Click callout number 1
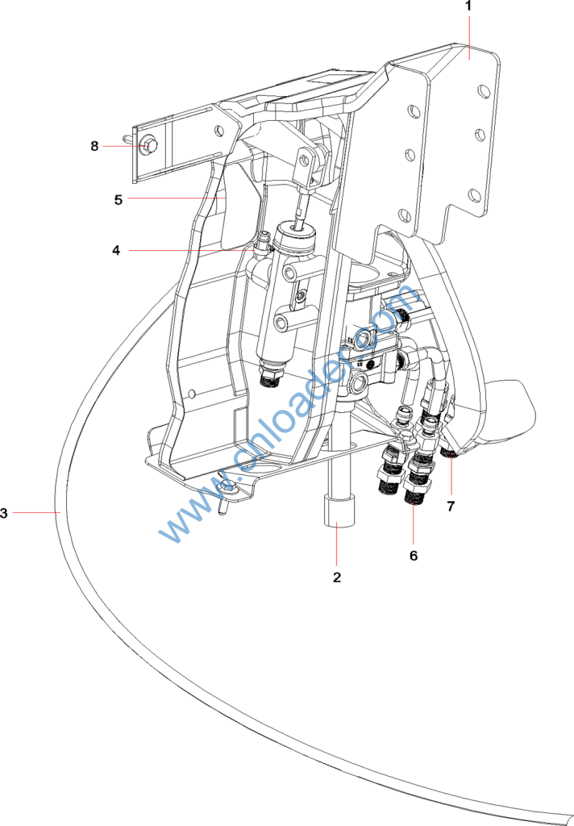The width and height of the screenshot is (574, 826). pos(468,7)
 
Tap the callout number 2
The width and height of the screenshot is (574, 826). pos(337,577)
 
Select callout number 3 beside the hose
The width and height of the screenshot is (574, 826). pos(5,512)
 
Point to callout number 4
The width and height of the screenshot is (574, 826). pos(116,250)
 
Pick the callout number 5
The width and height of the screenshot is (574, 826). pos(118,199)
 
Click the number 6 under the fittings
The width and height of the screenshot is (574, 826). pos(414,555)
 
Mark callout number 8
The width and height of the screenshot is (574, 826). pos(94,146)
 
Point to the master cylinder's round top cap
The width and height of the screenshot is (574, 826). pos(296,236)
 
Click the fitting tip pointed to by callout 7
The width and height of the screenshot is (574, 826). pos(450,456)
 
